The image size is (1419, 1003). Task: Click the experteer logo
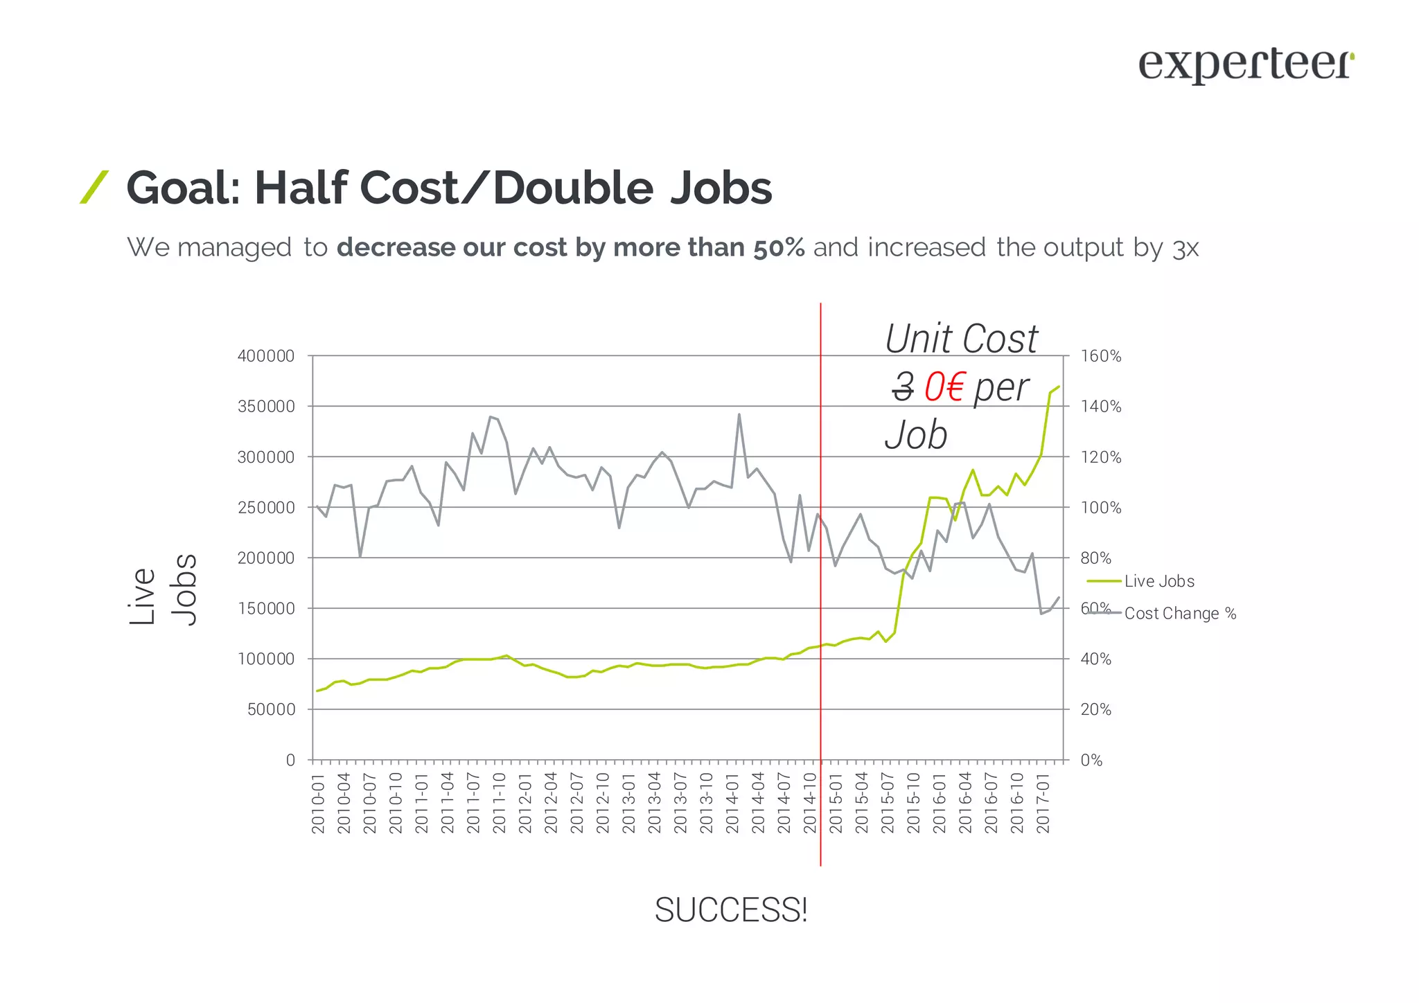(x=1246, y=66)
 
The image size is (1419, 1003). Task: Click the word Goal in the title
(x=182, y=188)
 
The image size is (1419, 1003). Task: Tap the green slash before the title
(x=94, y=187)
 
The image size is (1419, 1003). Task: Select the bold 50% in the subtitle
(x=779, y=247)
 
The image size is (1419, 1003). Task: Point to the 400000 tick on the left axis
(x=266, y=356)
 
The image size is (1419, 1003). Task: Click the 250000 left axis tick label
(x=266, y=508)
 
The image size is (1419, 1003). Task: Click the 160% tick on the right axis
(x=1101, y=356)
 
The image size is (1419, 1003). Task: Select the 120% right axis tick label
(x=1101, y=457)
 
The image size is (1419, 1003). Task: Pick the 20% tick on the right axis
(x=1096, y=710)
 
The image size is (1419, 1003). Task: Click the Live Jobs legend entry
(x=1159, y=581)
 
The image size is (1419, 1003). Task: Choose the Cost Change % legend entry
(x=1180, y=614)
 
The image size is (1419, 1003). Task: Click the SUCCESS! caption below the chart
(x=731, y=910)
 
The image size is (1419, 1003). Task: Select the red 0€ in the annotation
(x=944, y=387)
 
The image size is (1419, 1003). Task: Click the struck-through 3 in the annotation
(x=903, y=387)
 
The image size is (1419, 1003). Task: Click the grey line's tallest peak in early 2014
(x=739, y=414)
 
